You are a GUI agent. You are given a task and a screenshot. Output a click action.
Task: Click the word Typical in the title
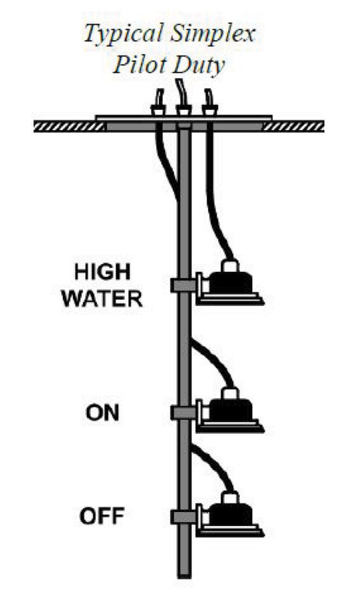[x=122, y=35]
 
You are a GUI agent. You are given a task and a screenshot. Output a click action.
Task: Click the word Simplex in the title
[x=213, y=34]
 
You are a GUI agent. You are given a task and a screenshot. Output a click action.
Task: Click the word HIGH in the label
[x=102, y=272]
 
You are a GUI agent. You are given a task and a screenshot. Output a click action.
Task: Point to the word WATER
[x=102, y=299]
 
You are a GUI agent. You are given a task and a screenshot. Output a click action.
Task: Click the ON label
[x=102, y=413]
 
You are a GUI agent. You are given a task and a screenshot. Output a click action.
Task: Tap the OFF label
[x=102, y=516]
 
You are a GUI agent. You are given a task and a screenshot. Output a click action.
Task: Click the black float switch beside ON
[x=230, y=411]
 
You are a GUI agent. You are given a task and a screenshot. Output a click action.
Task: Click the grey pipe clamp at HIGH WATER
[x=183, y=285]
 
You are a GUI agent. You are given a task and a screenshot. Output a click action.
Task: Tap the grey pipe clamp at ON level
[x=183, y=413]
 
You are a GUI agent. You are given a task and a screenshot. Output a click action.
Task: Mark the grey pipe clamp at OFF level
[x=183, y=517]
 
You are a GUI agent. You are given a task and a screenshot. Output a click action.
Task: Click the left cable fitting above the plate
[x=158, y=110]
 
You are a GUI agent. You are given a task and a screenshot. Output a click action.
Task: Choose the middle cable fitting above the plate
[x=183, y=110]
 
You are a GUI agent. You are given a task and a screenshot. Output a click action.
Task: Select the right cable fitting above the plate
[x=210, y=110]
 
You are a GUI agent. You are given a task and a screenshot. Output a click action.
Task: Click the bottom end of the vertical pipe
[x=184, y=577]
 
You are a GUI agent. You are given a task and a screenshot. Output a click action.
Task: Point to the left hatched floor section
[x=70, y=126]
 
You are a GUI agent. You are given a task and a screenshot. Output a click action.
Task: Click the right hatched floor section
[x=293, y=126]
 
